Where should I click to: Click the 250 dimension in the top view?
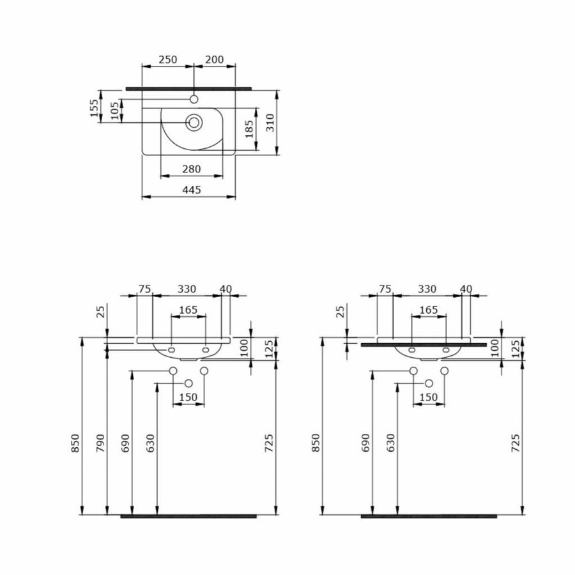167,59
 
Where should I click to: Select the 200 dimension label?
214,59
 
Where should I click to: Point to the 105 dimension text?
115,112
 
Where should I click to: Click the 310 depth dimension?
270,121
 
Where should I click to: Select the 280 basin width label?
192,169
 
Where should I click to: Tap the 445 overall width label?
192,190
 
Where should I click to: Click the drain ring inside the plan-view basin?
194,121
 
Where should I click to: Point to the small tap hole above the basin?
194,99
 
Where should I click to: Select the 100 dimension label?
243,348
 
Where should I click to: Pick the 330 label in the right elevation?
427,289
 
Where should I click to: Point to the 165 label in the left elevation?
188,310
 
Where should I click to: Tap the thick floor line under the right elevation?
429,516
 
